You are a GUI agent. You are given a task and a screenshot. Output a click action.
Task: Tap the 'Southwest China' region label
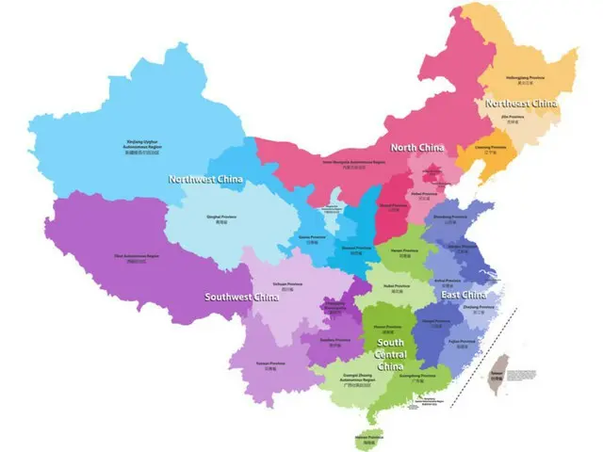[242, 298]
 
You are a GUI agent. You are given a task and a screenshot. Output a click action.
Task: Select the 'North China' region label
[417, 147]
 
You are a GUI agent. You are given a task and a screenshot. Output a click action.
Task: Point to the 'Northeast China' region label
[520, 103]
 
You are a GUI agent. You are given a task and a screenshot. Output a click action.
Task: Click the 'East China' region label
[464, 295]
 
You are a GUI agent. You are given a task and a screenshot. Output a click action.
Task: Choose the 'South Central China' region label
[390, 352]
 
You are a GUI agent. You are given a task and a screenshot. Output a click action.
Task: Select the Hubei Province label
[396, 286]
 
